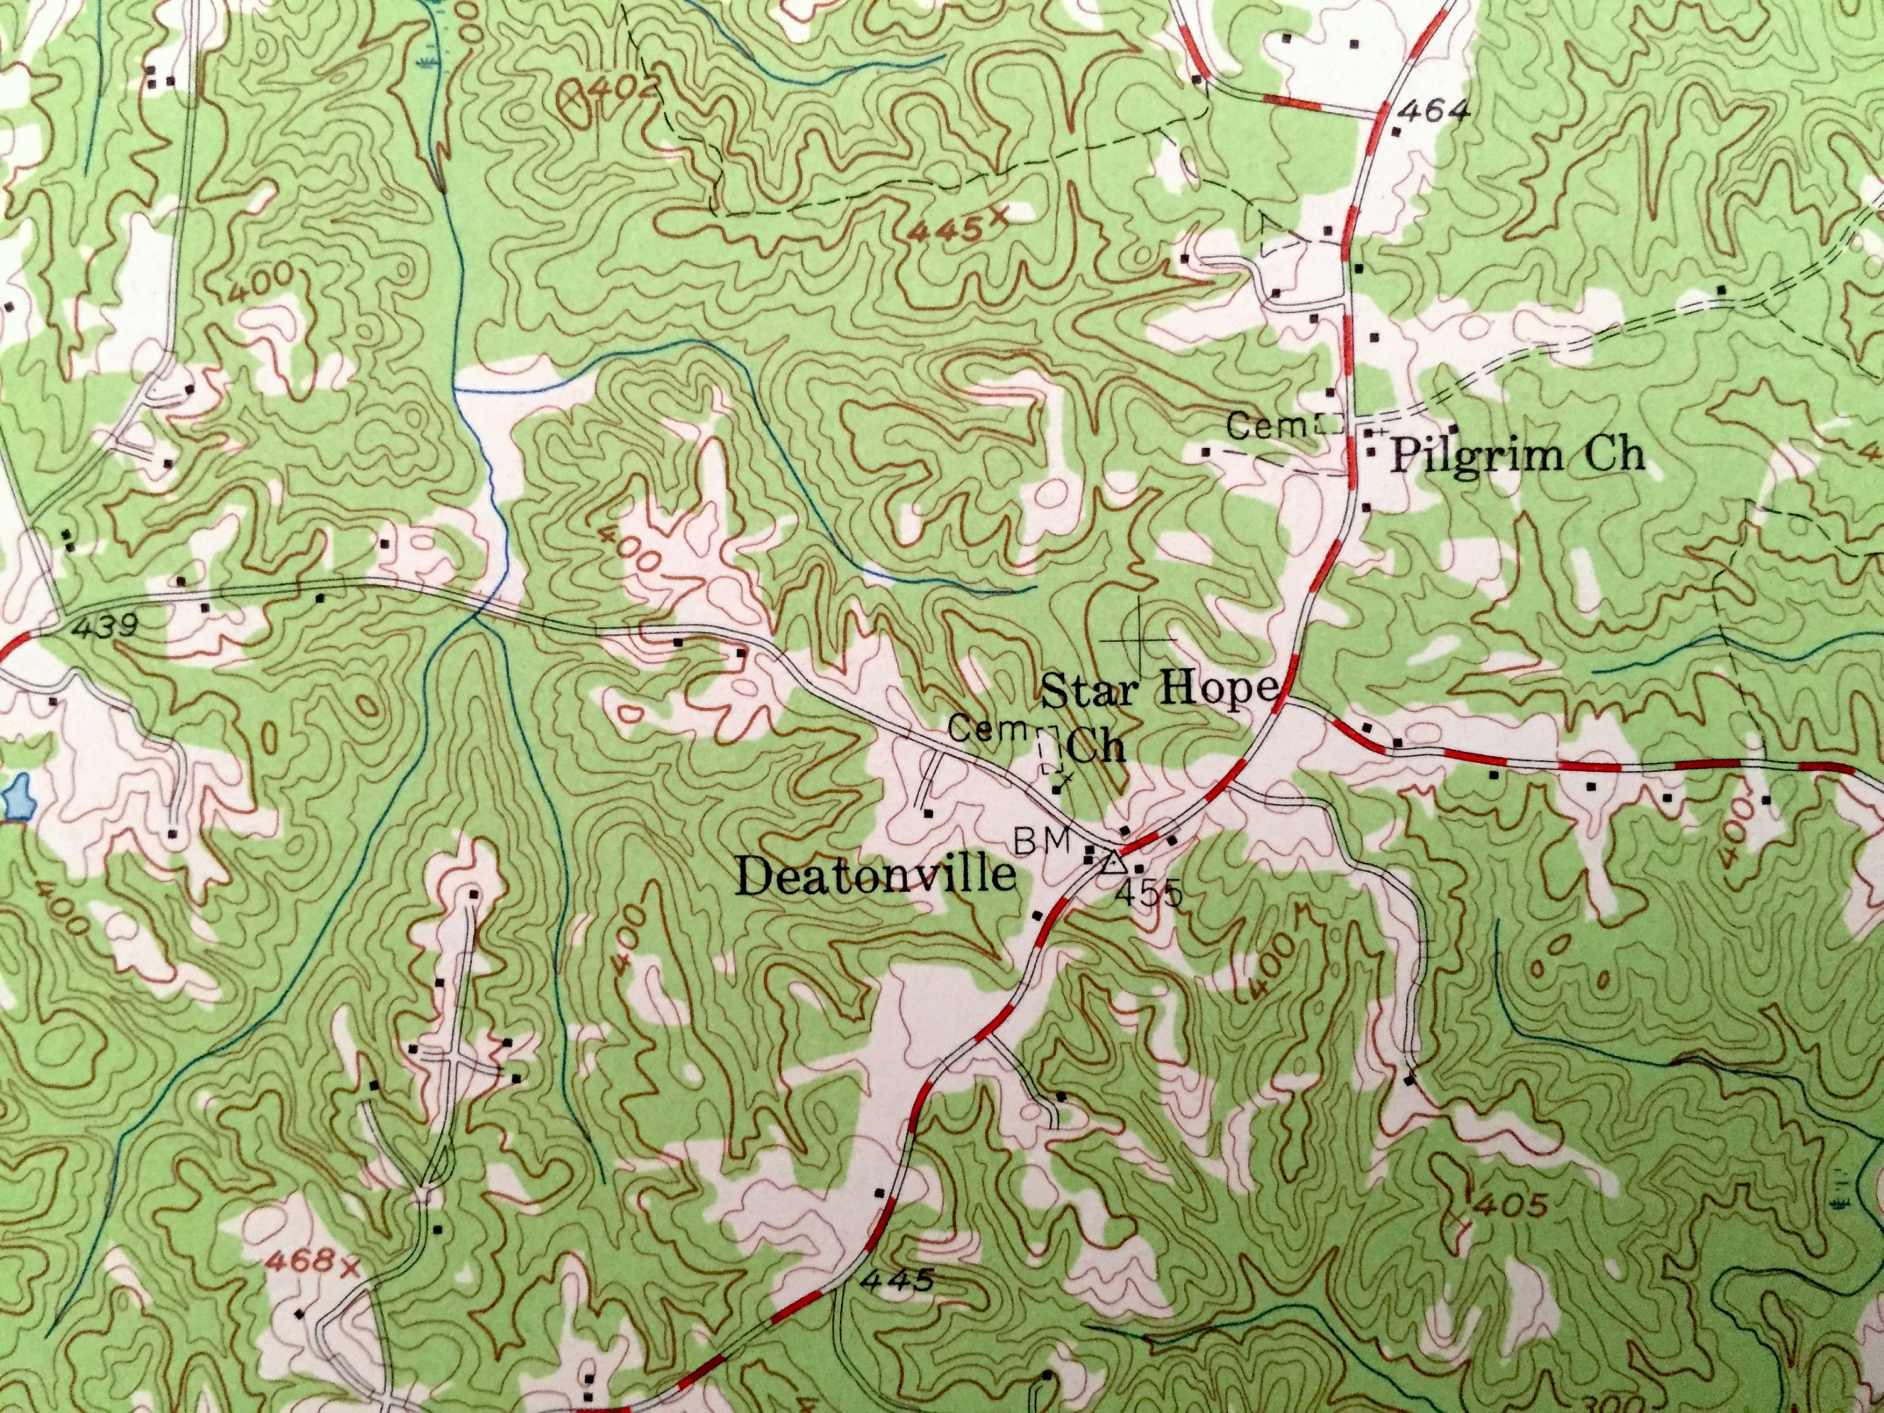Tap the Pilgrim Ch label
pos(1516,457)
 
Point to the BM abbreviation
pos(1047,839)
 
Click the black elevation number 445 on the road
pos(897,1302)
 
